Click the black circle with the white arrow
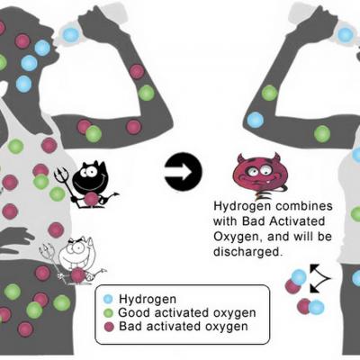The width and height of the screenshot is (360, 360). (x=184, y=171)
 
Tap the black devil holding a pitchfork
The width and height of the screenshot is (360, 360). (x=87, y=184)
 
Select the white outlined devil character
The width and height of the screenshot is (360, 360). (x=74, y=260)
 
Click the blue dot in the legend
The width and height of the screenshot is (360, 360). (x=108, y=299)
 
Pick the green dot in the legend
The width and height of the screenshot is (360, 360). (x=108, y=313)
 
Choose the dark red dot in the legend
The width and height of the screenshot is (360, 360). (x=109, y=327)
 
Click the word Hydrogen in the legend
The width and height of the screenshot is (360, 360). (x=148, y=300)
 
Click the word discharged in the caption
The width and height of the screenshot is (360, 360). (x=248, y=251)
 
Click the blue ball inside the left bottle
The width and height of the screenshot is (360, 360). (x=71, y=35)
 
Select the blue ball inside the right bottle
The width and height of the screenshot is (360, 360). (x=346, y=35)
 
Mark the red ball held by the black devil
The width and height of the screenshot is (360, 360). (x=91, y=199)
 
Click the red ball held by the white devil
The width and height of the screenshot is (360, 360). (x=77, y=274)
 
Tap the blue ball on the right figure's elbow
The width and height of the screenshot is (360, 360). (x=256, y=120)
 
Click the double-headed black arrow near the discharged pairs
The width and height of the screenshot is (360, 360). (x=319, y=278)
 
